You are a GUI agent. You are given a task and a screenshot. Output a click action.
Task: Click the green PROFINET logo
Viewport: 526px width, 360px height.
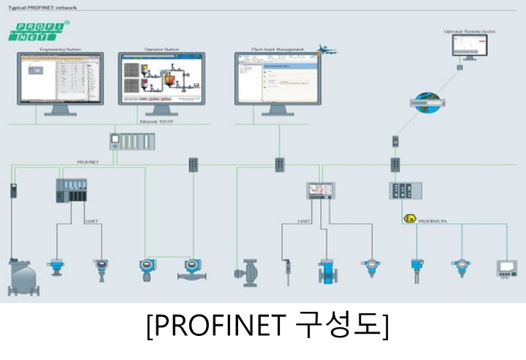(38, 31)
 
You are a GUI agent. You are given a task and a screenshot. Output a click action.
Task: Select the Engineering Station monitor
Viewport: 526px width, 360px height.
(60, 79)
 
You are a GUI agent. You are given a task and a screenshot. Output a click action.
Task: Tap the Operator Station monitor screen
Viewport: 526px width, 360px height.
(161, 79)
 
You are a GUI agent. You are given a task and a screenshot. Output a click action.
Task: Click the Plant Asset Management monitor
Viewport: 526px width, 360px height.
(277, 79)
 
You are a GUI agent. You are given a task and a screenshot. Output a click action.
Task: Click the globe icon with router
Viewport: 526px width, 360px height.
(427, 102)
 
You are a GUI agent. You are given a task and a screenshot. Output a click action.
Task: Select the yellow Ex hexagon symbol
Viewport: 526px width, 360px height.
(409, 218)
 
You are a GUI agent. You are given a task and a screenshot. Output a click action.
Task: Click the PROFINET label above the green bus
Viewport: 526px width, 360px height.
(88, 162)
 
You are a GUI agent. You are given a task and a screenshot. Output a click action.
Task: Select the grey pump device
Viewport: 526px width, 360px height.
(247, 272)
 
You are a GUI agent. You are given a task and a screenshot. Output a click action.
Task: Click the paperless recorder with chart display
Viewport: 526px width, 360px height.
(320, 191)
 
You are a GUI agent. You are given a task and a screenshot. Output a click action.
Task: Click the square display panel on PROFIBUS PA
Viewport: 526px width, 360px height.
(506, 268)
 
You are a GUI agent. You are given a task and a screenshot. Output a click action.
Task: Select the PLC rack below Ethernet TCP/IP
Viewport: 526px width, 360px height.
(131, 140)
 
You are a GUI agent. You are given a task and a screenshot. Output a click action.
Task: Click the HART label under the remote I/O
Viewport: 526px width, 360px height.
(91, 220)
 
